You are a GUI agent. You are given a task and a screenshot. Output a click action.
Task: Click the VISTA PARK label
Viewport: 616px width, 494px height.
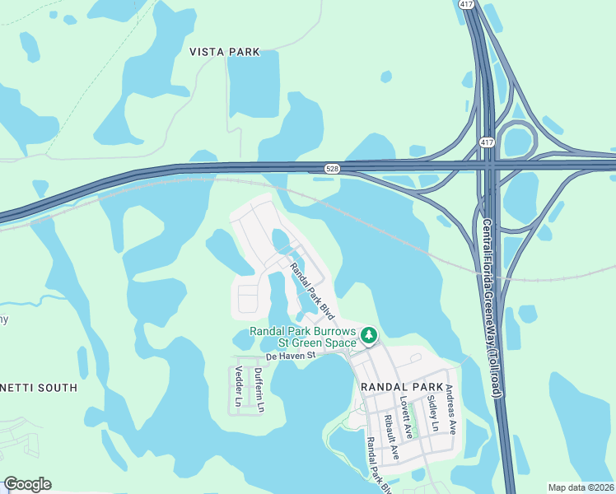(224, 52)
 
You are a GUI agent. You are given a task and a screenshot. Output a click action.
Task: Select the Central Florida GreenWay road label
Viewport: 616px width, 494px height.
(492, 309)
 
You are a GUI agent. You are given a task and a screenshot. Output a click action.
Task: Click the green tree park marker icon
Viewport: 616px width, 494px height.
(369, 336)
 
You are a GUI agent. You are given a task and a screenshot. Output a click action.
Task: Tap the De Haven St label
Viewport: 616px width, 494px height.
(291, 357)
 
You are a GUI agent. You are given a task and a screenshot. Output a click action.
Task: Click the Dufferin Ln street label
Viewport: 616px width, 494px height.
(259, 390)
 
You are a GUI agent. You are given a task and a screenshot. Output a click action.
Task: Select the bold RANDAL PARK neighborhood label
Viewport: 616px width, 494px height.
(402, 386)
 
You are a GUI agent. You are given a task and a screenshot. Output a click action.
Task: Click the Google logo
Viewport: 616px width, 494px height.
(27, 484)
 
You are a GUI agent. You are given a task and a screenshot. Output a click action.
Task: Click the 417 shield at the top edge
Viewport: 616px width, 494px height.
(465, 4)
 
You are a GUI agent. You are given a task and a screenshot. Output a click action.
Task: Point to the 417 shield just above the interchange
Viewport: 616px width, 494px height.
(487, 142)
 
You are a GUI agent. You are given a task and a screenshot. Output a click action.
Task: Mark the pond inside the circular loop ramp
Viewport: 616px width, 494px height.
(520, 142)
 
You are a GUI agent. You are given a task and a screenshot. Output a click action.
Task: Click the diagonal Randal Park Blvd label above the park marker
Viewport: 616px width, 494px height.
(314, 291)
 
